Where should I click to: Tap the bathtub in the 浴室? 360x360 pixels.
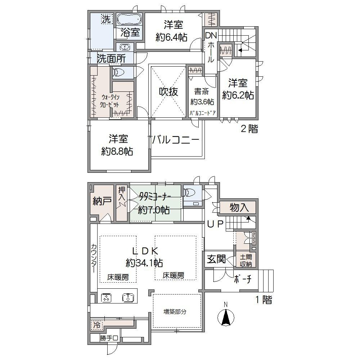(x=130, y=19)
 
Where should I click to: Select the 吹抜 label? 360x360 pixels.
(x=168, y=92)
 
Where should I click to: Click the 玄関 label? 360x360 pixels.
(x=216, y=259)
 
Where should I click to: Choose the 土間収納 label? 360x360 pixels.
(x=247, y=260)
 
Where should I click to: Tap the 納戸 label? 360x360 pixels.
(x=102, y=202)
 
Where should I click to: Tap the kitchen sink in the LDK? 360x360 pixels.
(x=128, y=297)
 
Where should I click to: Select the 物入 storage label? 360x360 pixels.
(x=239, y=208)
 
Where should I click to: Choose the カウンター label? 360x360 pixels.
(x=93, y=259)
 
